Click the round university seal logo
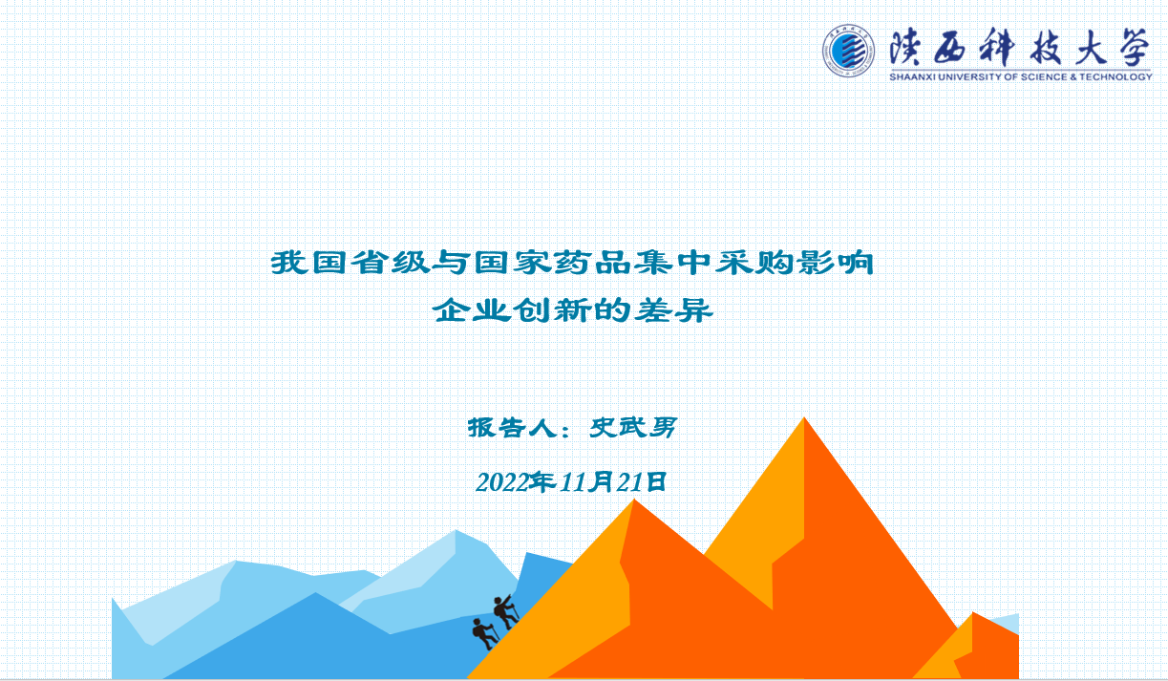click(848, 52)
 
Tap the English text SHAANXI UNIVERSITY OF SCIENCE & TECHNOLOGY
click(1020, 76)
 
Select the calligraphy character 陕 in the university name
click(906, 47)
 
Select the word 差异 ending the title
click(673, 310)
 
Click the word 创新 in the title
click(552, 310)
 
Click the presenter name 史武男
click(633, 428)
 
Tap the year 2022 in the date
click(502, 482)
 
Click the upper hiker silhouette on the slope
click(503, 611)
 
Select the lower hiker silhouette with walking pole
click(484, 633)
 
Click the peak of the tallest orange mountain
click(804, 417)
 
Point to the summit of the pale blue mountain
click(456, 530)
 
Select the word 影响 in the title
click(834, 263)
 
